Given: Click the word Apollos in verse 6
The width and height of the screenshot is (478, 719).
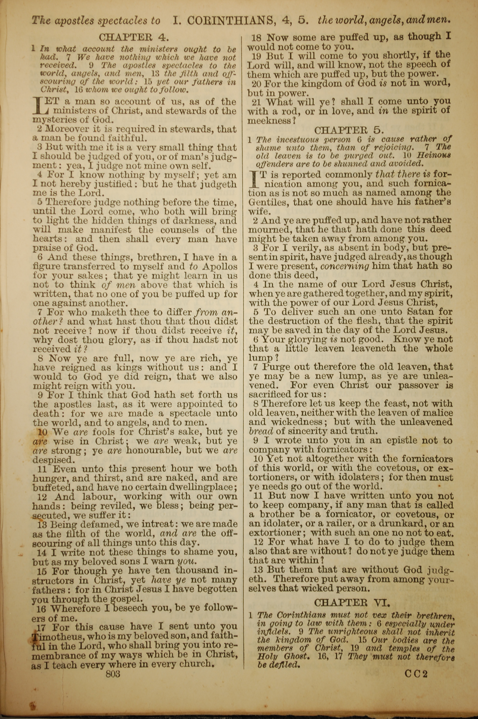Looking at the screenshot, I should [x=219, y=267].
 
